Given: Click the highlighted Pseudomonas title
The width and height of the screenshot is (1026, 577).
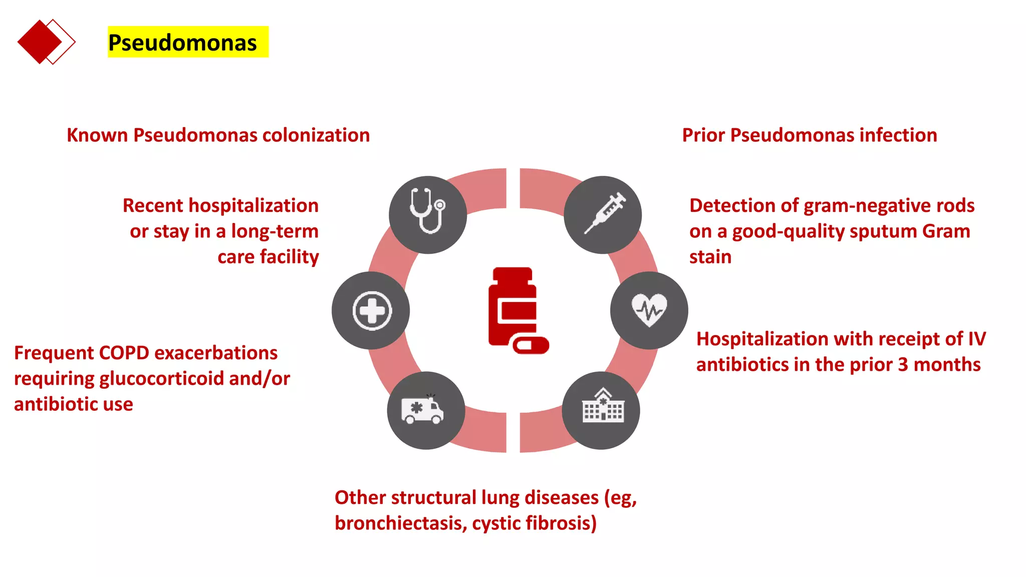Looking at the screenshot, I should (183, 43).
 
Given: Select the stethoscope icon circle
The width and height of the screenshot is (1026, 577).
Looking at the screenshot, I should (428, 215).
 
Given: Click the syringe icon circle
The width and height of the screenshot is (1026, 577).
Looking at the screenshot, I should (603, 215).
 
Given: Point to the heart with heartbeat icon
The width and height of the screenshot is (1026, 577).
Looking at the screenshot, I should (649, 311).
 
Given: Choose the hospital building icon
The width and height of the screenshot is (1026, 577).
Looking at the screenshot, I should (601, 410).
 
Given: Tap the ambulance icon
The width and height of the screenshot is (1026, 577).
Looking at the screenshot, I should (426, 410).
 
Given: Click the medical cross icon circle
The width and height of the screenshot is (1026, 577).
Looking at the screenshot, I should (371, 311).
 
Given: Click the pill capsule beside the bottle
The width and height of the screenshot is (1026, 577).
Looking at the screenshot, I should (531, 346).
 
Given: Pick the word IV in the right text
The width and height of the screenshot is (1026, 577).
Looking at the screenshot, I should (977, 339).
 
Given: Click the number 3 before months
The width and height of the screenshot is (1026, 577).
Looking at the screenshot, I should (903, 365).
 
